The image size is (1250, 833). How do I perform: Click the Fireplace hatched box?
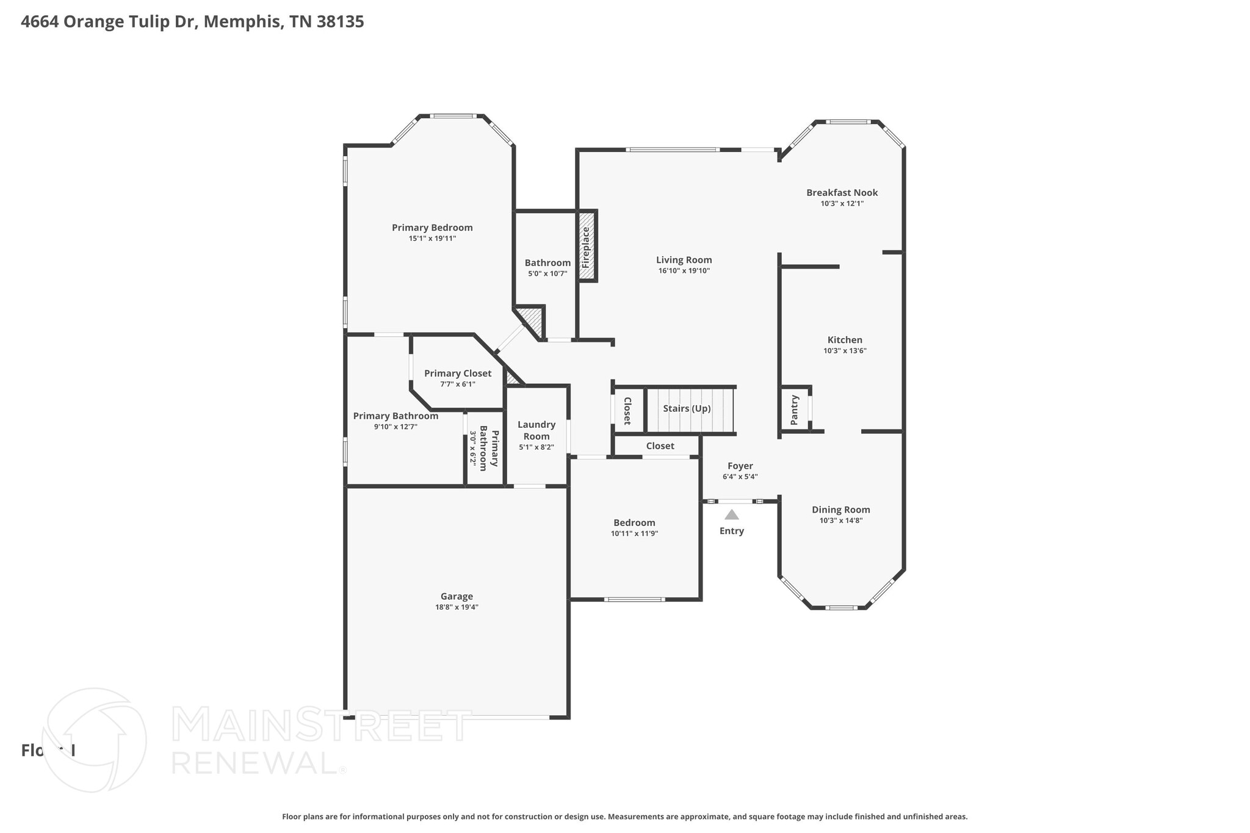587,246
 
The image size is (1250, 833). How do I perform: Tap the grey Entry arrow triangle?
731,514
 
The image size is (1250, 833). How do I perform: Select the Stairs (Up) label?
687,408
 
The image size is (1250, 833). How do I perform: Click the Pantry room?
795,409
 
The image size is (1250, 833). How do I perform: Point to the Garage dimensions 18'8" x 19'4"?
457,607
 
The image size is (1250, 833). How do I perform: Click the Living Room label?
684,260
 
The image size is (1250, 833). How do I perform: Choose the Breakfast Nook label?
842,193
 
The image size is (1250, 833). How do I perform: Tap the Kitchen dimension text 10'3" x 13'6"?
845,351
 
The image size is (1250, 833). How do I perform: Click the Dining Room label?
840,510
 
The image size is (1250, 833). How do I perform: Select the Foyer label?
740,466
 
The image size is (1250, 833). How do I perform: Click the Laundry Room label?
536,430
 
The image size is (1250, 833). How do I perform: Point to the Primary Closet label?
457,373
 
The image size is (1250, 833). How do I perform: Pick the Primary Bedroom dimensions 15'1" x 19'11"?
432,239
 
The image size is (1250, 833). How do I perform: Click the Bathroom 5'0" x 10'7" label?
547,263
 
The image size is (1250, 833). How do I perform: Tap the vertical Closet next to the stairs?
627,411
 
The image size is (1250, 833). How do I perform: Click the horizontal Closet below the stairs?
660,446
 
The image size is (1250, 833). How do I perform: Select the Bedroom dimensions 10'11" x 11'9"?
634,533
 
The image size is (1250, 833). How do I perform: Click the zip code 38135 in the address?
341,22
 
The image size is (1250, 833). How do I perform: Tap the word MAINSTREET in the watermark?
322,725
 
